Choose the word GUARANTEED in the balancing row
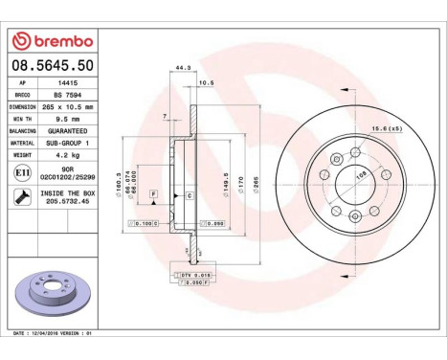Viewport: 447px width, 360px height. click(x=68, y=130)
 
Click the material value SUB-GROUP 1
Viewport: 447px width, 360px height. click(x=68, y=142)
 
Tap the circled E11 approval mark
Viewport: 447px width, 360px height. click(x=22, y=170)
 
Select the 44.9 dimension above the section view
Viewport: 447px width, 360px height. click(x=177, y=68)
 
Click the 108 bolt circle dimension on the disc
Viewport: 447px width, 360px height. click(x=361, y=176)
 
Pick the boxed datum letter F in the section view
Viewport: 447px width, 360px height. click(x=151, y=194)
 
